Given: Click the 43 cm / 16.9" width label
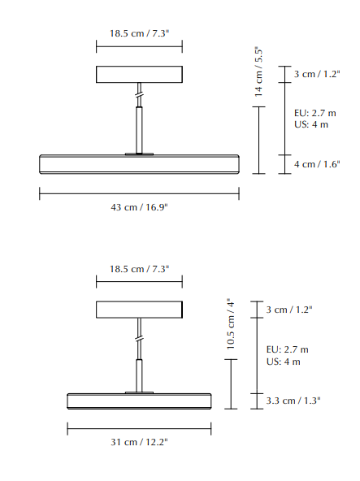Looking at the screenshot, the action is click(139, 207).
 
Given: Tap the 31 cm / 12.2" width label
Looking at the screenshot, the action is click(139, 442).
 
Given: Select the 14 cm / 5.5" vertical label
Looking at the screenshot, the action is click(258, 71).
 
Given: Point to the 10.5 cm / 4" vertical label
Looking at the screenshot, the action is click(231, 323).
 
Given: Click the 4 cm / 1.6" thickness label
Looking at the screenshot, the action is click(317, 164).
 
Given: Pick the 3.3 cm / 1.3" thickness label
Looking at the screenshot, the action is click(293, 401).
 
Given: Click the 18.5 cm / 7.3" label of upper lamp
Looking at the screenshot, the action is click(139, 33).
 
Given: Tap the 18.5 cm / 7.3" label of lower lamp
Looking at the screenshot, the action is click(139, 269).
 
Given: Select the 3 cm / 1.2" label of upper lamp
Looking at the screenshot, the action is click(317, 74).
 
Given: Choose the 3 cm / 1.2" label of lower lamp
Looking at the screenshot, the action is click(289, 310).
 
